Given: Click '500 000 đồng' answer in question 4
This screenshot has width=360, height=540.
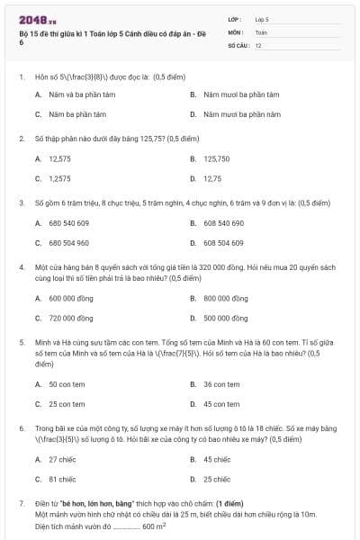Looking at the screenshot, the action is pos(226,318).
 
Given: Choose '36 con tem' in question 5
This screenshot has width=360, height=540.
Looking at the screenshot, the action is pos(220,384).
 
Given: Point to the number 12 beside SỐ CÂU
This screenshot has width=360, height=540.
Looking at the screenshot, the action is pos(258,44).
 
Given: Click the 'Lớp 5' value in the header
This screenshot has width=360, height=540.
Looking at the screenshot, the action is pos(262,18).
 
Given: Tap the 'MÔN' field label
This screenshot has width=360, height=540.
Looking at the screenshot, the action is pos(236,31).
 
